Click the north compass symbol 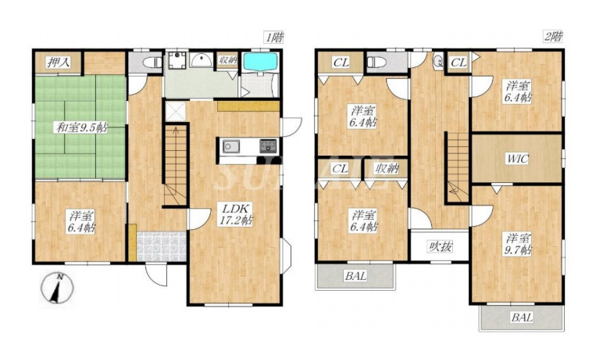[55, 289]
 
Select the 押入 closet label [57, 63]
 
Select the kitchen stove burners [267, 146]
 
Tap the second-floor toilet [376, 61]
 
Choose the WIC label [516, 159]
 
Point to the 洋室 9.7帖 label [516, 244]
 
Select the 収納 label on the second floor [386, 169]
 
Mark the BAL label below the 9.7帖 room [522, 317]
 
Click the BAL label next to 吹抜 [355, 275]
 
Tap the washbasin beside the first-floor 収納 [202, 63]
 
